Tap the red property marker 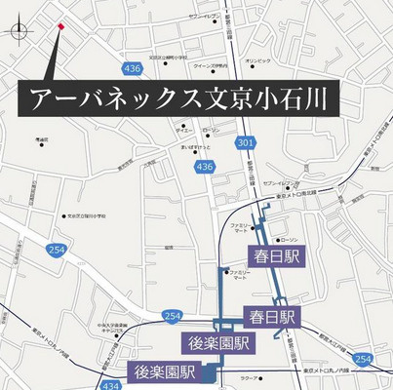pos(61,25)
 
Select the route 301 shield pos(243,142)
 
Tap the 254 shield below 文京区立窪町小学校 pos(55,252)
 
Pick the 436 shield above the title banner pos(134,67)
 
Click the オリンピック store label pos(257,61)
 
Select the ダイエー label pos(181,130)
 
